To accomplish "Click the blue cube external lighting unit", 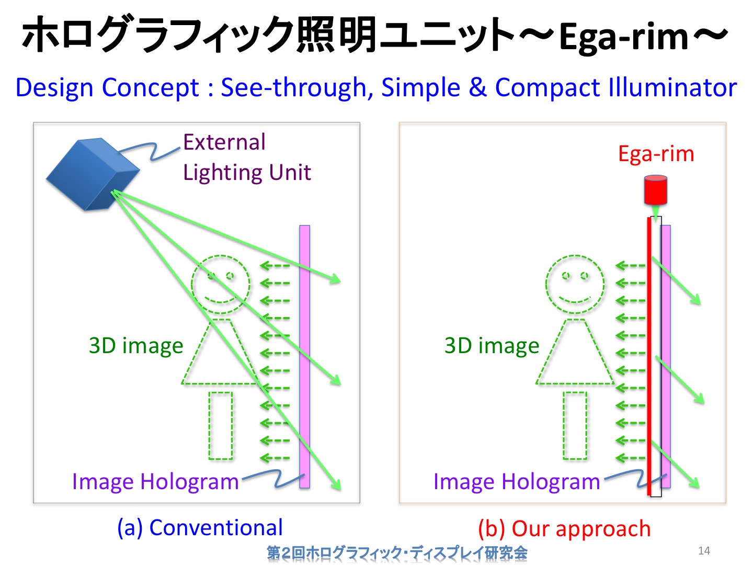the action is (x=93, y=174).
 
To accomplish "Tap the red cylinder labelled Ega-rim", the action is (x=655, y=190).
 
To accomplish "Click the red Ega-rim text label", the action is (x=656, y=154).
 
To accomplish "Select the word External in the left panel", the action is (x=224, y=142).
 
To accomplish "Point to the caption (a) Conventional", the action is (x=200, y=528).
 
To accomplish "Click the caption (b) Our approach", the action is (x=564, y=528).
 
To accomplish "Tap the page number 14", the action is (x=704, y=551).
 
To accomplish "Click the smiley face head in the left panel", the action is (x=221, y=285).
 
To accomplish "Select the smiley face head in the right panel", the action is (x=575, y=285).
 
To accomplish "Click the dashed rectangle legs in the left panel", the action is (x=221, y=425).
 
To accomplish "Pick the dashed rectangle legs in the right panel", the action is (x=575, y=425).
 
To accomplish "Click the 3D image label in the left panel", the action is (x=136, y=345).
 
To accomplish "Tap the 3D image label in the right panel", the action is (x=492, y=345).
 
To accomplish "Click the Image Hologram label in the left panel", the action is (x=155, y=482).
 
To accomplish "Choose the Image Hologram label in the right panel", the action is (x=517, y=482).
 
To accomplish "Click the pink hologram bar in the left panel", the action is (x=305, y=356).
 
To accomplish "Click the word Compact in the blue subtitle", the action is (x=547, y=88).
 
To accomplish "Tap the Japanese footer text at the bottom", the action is (x=397, y=552).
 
